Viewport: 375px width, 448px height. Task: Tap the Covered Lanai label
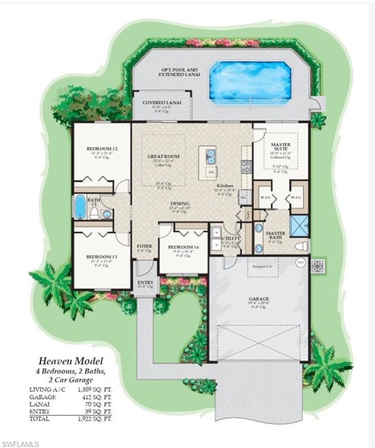click(162, 103)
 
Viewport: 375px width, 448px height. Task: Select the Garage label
click(259, 299)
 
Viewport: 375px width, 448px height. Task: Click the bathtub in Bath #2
click(80, 207)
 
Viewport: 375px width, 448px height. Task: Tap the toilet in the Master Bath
click(301, 246)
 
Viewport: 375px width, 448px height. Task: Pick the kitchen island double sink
click(211, 156)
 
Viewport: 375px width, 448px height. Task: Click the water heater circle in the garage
click(300, 262)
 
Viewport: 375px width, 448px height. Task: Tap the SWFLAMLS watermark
click(20, 444)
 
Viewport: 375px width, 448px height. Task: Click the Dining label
click(179, 204)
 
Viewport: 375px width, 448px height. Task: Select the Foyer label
click(144, 246)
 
